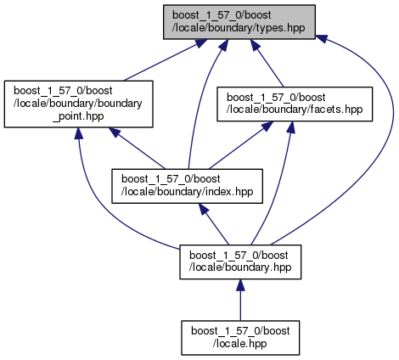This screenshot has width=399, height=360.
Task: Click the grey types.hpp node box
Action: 239,22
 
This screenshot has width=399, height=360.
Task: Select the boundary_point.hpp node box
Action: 78,104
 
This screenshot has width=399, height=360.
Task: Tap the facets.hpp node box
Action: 295,104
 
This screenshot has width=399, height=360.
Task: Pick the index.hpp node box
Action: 187,186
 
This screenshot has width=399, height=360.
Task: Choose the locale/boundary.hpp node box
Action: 240,262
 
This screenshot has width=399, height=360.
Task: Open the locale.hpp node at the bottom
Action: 240,338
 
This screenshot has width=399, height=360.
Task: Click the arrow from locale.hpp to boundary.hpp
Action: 240,300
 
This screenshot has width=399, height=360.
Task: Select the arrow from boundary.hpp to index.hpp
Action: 214,224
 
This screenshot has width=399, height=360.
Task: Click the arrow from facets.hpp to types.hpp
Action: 267,63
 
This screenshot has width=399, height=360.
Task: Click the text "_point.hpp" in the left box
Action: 78,116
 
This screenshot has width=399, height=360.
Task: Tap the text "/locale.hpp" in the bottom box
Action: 240,344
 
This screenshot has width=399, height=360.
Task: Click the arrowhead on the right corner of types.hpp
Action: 321,38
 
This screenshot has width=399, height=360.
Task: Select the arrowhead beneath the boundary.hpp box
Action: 240,285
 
